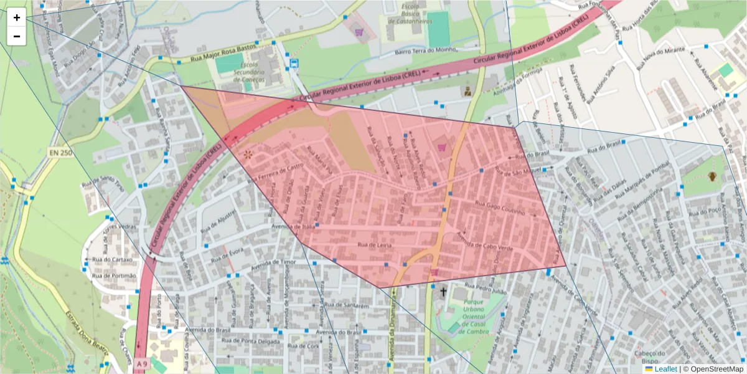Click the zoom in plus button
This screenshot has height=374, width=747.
coord(17,17)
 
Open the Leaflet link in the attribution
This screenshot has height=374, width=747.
coord(665,369)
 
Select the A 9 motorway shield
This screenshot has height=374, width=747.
coord(143,363)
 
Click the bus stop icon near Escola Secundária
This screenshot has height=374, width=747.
coord(293,63)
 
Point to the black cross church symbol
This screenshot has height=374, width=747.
coord(444,291)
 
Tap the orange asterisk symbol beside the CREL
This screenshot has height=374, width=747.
coord(248,154)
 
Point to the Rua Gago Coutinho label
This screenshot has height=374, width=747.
coord(500,208)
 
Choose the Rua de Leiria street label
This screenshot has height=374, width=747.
coord(374,246)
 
